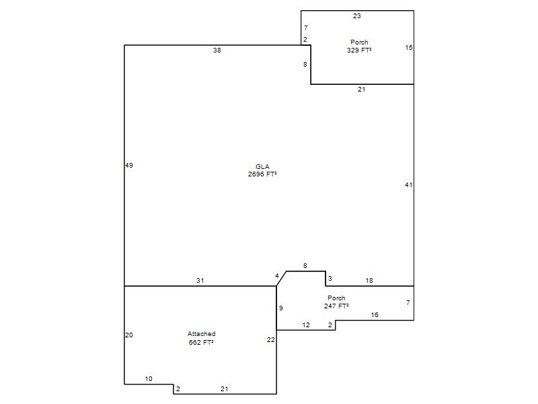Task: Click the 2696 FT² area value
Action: (262, 174)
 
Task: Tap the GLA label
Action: (262, 166)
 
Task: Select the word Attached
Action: (201, 333)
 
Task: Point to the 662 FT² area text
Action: (201, 342)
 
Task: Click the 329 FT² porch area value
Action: (359, 50)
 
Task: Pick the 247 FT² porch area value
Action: (336, 306)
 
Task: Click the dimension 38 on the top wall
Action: (217, 50)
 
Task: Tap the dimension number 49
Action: (129, 165)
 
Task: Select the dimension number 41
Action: (408, 184)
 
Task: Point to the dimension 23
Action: (357, 15)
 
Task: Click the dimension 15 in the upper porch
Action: (409, 47)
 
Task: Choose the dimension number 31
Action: (200, 280)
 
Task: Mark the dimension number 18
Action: (369, 280)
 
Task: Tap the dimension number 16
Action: (375, 314)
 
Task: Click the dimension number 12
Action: (306, 325)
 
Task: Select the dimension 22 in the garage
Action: (271, 339)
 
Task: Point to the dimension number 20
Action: (129, 335)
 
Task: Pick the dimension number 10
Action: (149, 378)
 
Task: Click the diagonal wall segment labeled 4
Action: (281, 279)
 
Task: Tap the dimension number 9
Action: (281, 308)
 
